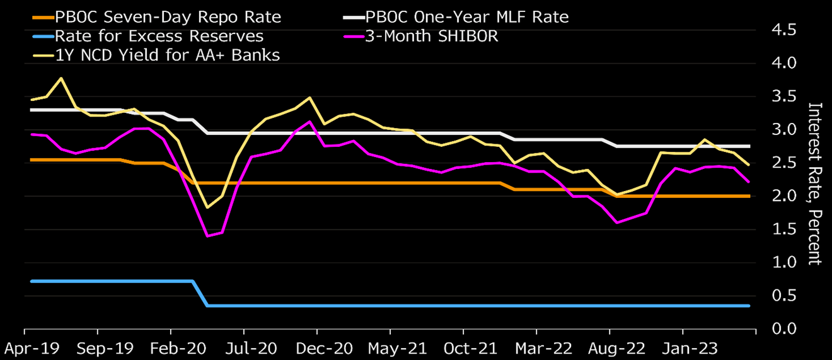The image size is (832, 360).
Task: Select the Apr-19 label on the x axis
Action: tap(24, 347)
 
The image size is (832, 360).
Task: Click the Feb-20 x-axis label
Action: tap(170, 347)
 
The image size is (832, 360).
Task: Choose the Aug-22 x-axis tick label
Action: tap(609, 347)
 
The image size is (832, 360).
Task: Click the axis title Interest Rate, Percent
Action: tap(815, 183)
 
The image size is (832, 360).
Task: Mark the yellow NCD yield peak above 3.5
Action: tap(61, 78)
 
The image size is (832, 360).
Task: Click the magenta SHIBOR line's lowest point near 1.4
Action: tap(207, 236)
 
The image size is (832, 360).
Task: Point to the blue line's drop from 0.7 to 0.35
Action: tap(200, 293)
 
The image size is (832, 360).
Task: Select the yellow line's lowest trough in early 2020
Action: tap(207, 207)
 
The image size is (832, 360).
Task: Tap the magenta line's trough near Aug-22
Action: tap(616, 223)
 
